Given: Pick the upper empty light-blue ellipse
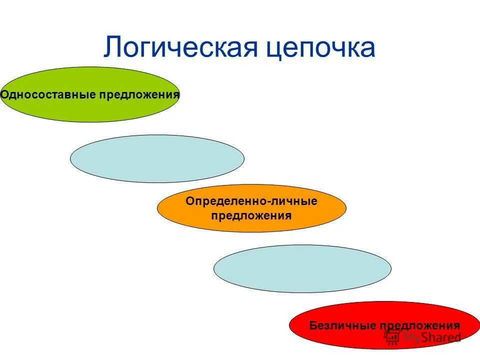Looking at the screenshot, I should click(x=157, y=158).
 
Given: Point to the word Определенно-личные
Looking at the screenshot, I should click(x=251, y=201).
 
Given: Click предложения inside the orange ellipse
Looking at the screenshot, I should click(x=251, y=215).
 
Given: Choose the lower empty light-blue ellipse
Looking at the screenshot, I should click(x=302, y=268).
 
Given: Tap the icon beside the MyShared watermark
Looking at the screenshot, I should click(x=391, y=336).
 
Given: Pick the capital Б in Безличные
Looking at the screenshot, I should click(x=312, y=325).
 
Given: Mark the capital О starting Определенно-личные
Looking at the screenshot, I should click(x=189, y=201).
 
